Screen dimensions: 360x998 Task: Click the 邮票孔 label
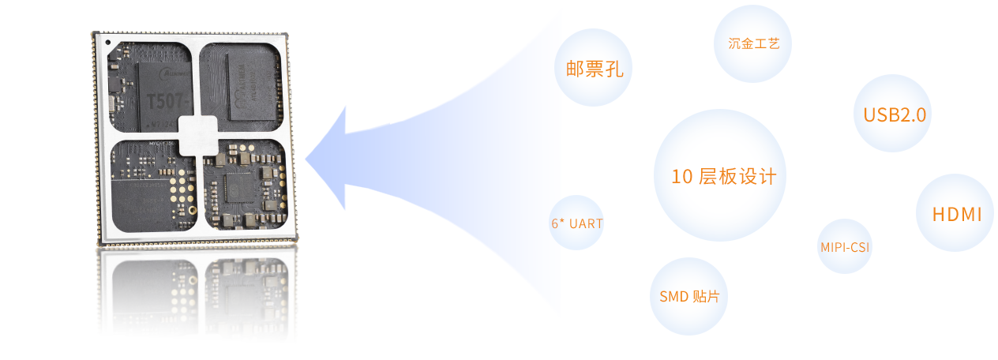[x=594, y=69]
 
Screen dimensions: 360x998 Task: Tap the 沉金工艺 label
[x=753, y=43]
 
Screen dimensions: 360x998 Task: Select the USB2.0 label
[x=894, y=114]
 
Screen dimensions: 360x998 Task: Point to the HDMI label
[x=956, y=214]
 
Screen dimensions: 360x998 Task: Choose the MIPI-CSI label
[x=845, y=247]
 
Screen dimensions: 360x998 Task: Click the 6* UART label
[x=576, y=223]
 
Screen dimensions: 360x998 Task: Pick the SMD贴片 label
[x=689, y=297]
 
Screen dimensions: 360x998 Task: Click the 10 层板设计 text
[x=723, y=177]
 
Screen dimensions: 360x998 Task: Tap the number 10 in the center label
[x=681, y=177]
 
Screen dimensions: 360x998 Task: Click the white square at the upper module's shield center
[x=197, y=135]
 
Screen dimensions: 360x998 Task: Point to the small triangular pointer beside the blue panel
[x=310, y=163]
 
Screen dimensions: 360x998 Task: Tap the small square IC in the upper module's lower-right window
[x=238, y=187]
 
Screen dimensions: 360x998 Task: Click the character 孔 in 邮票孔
[x=614, y=69]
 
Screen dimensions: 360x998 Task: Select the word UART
[x=585, y=223]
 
